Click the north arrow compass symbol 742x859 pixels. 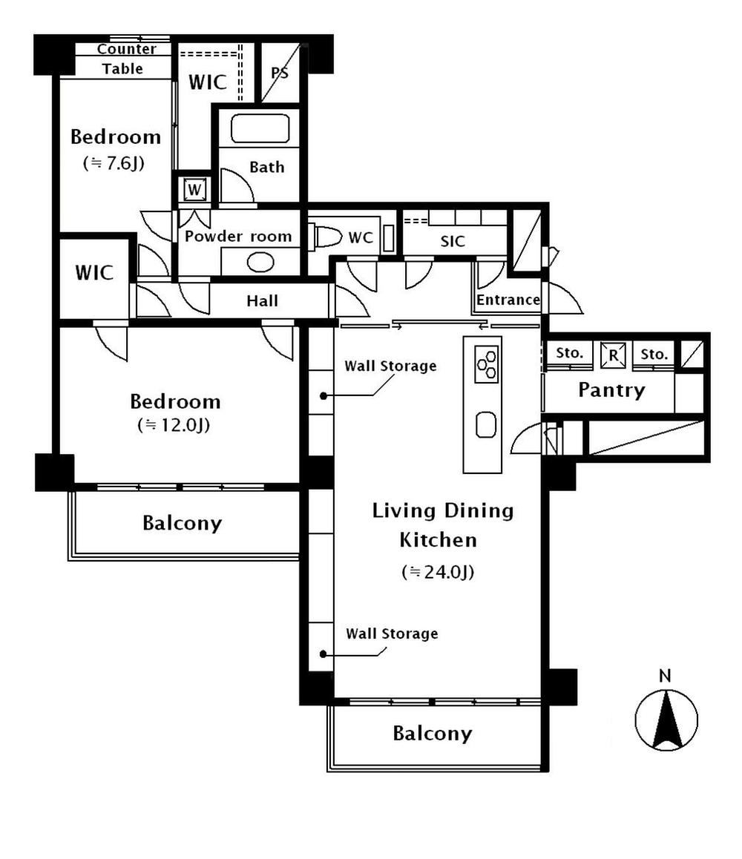(x=666, y=719)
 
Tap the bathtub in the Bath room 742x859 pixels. (x=259, y=129)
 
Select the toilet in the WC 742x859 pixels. (x=324, y=238)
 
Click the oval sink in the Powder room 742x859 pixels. (x=260, y=262)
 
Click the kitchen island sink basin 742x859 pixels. (x=486, y=426)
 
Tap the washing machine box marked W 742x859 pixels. (x=194, y=190)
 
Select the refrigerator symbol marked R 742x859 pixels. (x=612, y=354)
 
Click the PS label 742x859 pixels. (x=280, y=73)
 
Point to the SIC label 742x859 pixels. (x=452, y=241)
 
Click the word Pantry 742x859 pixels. (x=611, y=389)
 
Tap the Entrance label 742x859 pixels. (x=508, y=300)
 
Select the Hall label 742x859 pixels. (x=263, y=300)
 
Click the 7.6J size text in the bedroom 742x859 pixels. (x=113, y=164)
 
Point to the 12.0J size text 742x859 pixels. (x=175, y=425)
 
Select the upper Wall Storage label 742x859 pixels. (x=391, y=366)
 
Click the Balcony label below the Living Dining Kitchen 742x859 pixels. (x=432, y=734)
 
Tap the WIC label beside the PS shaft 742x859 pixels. (x=207, y=82)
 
